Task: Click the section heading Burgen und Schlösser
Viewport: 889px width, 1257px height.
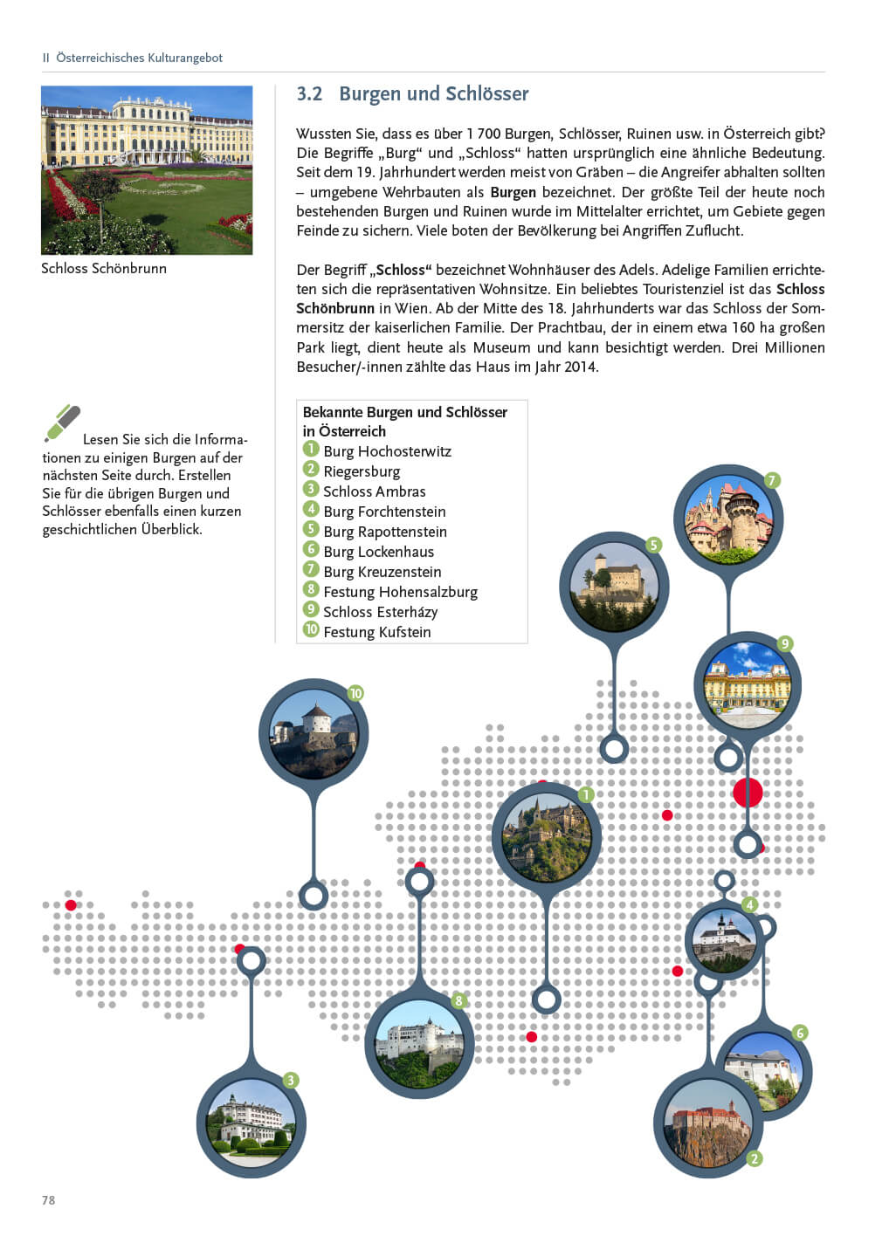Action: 433,94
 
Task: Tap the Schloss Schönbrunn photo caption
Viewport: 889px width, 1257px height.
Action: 104,269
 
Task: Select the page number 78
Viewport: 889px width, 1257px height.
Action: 48,1200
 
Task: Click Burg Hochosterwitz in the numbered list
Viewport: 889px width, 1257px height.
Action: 387,451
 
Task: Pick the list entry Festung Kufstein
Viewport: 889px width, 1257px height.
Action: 376,632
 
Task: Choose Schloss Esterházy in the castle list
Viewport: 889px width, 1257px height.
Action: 380,612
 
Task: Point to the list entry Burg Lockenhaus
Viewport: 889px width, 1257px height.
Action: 378,552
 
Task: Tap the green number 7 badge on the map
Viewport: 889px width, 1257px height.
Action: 771,480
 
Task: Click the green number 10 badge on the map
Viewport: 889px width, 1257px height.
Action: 355,693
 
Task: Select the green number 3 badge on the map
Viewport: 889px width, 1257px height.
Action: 291,1080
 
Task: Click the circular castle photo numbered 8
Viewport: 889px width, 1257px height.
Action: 419,1043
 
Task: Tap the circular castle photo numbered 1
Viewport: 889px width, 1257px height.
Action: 547,836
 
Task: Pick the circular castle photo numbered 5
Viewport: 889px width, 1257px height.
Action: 613,586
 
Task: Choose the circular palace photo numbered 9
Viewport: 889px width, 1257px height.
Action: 748,684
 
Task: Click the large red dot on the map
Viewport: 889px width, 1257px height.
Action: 748,793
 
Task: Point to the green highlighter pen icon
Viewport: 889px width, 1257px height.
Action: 62,423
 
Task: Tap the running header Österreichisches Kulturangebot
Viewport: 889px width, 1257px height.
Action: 139,58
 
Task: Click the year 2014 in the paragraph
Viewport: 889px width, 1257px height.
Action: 579,367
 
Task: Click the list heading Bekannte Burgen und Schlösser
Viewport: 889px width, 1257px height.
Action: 404,412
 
